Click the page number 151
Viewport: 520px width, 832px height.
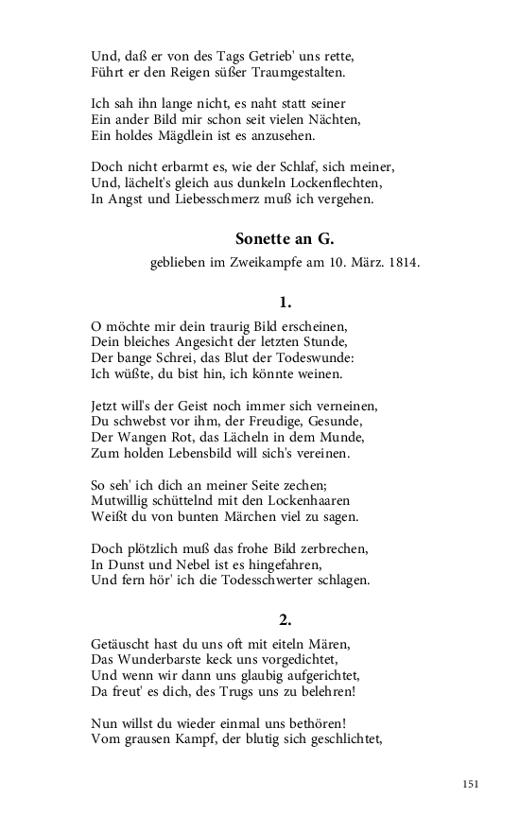[472, 784]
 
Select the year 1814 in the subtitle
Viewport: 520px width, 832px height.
[404, 263]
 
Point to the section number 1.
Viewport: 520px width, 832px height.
[285, 303]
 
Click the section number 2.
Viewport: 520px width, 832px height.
[285, 620]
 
